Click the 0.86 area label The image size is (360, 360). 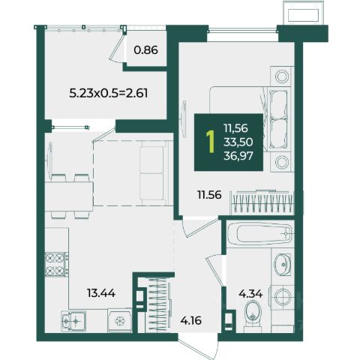pyautogui.click(x=145, y=50)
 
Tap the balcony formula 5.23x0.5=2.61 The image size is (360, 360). pyautogui.click(x=108, y=93)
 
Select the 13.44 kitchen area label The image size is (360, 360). pyautogui.click(x=101, y=293)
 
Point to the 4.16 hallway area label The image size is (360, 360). pyautogui.click(x=191, y=320)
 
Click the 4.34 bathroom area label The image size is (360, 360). pyautogui.click(x=250, y=294)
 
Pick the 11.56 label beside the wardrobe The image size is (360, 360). pyautogui.click(x=209, y=195)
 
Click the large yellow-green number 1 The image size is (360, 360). pyautogui.click(x=211, y=142)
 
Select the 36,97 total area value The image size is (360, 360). pyautogui.click(x=238, y=156)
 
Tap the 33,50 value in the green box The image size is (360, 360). pyautogui.click(x=238, y=142)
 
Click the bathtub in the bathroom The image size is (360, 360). pyautogui.click(x=260, y=234)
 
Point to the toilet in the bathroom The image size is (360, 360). pyautogui.click(x=253, y=314)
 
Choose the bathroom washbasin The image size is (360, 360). pyautogui.click(x=283, y=264)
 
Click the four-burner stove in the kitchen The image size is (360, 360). pyautogui.click(x=56, y=264)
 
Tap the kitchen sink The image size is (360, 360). pyautogui.click(x=73, y=321)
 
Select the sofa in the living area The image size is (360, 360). pyautogui.click(x=153, y=173)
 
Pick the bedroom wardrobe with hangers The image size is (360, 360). pyautogui.click(x=262, y=202)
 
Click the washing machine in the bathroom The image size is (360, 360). pyautogui.click(x=283, y=297)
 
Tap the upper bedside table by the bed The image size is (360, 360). pyautogui.click(x=282, y=76)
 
